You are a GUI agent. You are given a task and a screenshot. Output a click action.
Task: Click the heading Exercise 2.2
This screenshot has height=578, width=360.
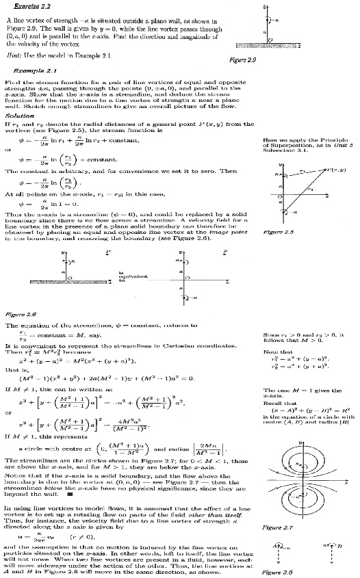coord(25,4)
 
